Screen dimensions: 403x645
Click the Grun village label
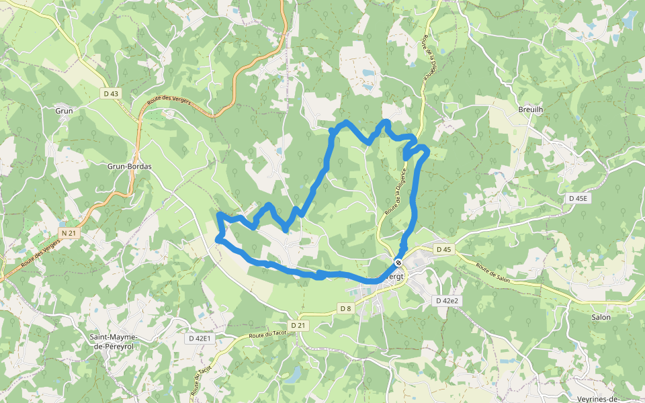point(64,111)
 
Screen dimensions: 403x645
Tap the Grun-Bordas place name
point(129,166)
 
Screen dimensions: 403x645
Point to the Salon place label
point(601,316)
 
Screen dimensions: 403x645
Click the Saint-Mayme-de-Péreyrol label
point(114,341)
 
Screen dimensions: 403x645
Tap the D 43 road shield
point(112,94)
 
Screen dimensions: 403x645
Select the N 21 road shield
point(69,233)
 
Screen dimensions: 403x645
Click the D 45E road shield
point(577,198)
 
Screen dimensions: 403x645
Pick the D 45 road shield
point(443,249)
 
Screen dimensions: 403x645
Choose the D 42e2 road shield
point(446,301)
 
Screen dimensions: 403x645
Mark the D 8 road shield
point(345,308)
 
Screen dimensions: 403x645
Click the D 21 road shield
point(298,325)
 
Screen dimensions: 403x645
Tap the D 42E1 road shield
point(200,339)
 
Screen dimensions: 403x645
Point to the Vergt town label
point(396,277)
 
